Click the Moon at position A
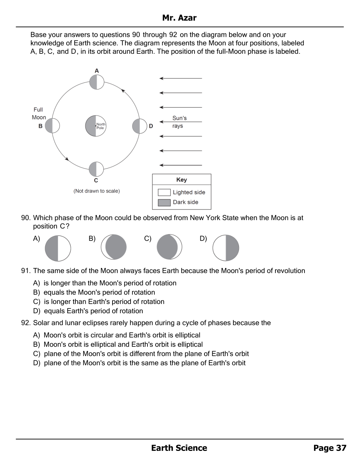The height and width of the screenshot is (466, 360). [97, 82]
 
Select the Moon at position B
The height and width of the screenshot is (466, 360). [52, 126]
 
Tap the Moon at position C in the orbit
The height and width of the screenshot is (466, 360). [96, 169]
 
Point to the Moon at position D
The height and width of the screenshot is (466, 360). [140, 126]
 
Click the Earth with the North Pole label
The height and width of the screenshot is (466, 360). [96, 126]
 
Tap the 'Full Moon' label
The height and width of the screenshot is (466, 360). [39, 113]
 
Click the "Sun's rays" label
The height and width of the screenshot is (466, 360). [179, 122]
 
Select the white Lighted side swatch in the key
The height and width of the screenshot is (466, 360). [164, 192]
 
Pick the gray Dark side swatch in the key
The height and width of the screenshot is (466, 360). [164, 202]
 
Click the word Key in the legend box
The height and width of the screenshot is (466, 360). [182, 180]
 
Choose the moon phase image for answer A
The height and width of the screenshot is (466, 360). [58, 248]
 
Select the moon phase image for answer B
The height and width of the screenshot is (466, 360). [114, 247]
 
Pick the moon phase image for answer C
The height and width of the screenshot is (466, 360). [169, 247]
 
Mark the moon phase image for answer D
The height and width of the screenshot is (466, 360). [225, 248]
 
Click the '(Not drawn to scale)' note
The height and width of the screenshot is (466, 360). [97, 191]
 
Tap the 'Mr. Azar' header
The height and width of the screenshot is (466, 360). [179, 18]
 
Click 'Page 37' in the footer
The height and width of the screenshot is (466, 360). [329, 448]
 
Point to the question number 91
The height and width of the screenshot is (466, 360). [26, 271]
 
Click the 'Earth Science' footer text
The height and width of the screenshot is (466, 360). [179, 448]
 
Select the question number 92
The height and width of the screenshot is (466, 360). [26, 323]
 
